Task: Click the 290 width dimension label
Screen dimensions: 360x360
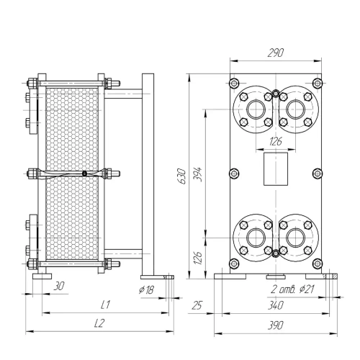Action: (x=276, y=53)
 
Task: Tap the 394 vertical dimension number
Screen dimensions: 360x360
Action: (x=198, y=174)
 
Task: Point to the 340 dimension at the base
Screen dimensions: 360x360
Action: (x=276, y=305)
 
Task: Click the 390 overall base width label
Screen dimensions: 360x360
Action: (x=276, y=325)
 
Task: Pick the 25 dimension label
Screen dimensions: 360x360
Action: (x=197, y=305)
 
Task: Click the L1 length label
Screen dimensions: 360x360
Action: (x=105, y=305)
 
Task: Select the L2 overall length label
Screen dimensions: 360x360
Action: (x=99, y=323)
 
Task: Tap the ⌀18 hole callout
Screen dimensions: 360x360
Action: (x=146, y=290)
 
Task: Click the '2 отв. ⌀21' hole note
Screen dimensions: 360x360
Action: (x=292, y=289)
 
